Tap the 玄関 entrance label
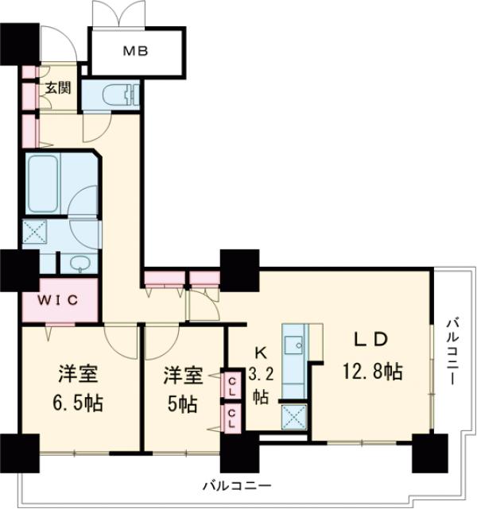point(56,87)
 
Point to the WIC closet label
point(58,300)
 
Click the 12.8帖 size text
point(372,370)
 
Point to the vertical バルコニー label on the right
point(451,349)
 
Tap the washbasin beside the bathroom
point(78,263)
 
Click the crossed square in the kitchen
point(294,415)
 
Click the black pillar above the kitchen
point(239,269)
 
